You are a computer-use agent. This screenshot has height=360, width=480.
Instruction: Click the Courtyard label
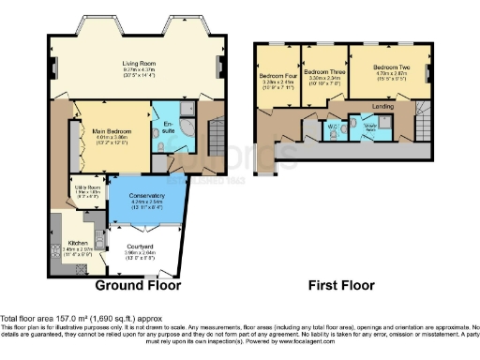click(x=139, y=246)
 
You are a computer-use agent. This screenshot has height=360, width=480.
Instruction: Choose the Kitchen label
click(x=79, y=242)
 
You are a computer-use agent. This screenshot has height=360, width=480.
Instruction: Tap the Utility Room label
click(x=88, y=187)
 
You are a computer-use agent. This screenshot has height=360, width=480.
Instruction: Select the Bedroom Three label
click(x=322, y=71)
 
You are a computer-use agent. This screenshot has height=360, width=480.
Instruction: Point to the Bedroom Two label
click(x=391, y=67)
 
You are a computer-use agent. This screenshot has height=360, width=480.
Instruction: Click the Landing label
click(x=382, y=105)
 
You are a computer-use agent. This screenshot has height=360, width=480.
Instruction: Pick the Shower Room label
click(x=370, y=125)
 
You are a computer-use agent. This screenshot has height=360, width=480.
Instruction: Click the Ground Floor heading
click(x=141, y=284)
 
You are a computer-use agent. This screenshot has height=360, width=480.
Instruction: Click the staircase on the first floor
click(x=425, y=119)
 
